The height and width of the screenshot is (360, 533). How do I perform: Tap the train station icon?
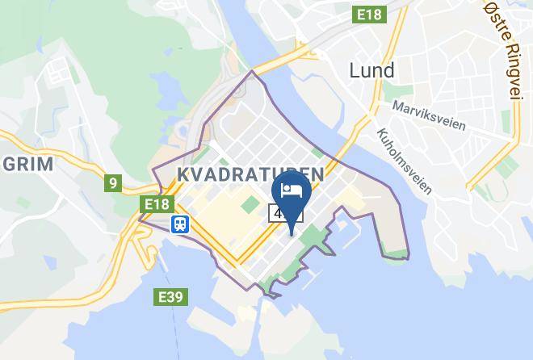179,224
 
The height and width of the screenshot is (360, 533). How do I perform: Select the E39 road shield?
170,298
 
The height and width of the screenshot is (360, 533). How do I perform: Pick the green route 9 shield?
112,183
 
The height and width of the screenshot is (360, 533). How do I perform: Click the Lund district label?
371,70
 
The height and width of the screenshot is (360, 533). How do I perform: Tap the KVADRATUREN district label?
250,174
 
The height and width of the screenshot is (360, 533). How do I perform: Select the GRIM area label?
27,165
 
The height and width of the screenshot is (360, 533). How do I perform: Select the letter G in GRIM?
8,165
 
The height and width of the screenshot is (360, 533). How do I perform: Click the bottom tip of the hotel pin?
291,234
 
